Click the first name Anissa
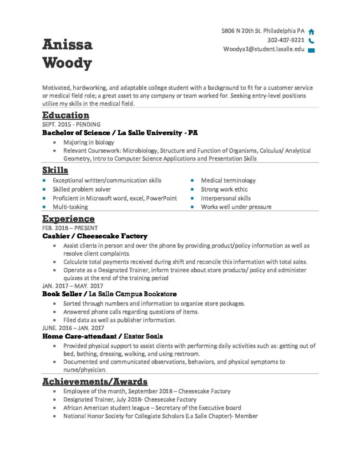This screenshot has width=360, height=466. (67, 45)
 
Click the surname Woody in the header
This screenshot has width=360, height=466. (67, 63)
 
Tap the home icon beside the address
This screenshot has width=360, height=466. (311, 32)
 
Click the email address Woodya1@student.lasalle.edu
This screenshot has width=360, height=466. (264, 49)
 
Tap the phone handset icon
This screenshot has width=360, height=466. (311, 41)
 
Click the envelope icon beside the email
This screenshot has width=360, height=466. (311, 50)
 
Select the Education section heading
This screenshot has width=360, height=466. (66, 115)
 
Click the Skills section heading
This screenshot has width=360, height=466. (55, 171)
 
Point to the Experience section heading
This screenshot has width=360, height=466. (68, 219)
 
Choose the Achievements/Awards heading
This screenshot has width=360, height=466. (95, 381)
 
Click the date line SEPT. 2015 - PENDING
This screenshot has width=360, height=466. (71, 124)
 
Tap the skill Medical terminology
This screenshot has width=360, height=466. (228, 181)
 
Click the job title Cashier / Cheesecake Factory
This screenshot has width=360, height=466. (95, 236)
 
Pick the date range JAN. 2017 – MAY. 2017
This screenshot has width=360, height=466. (72, 286)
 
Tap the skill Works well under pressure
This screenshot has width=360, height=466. (236, 207)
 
